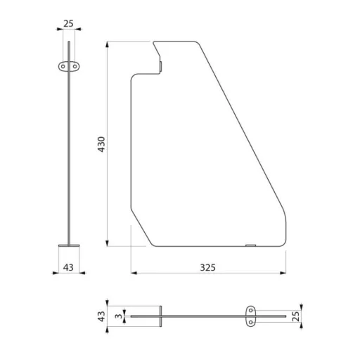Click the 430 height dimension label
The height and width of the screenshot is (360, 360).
pos(101,144)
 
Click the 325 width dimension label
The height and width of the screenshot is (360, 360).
pos(207,267)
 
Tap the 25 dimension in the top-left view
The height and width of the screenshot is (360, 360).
pos(68,23)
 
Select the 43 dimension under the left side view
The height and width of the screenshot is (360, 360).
pos(68,267)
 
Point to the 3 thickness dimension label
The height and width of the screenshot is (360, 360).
pos(119,316)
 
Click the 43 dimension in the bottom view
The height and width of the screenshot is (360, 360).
pos(101,316)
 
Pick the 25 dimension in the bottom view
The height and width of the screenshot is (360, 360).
pos(296,316)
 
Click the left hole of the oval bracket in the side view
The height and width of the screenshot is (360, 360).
pos(63,67)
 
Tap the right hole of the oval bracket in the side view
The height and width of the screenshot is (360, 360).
pos(75,67)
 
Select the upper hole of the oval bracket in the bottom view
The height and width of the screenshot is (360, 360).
pos(251,311)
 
